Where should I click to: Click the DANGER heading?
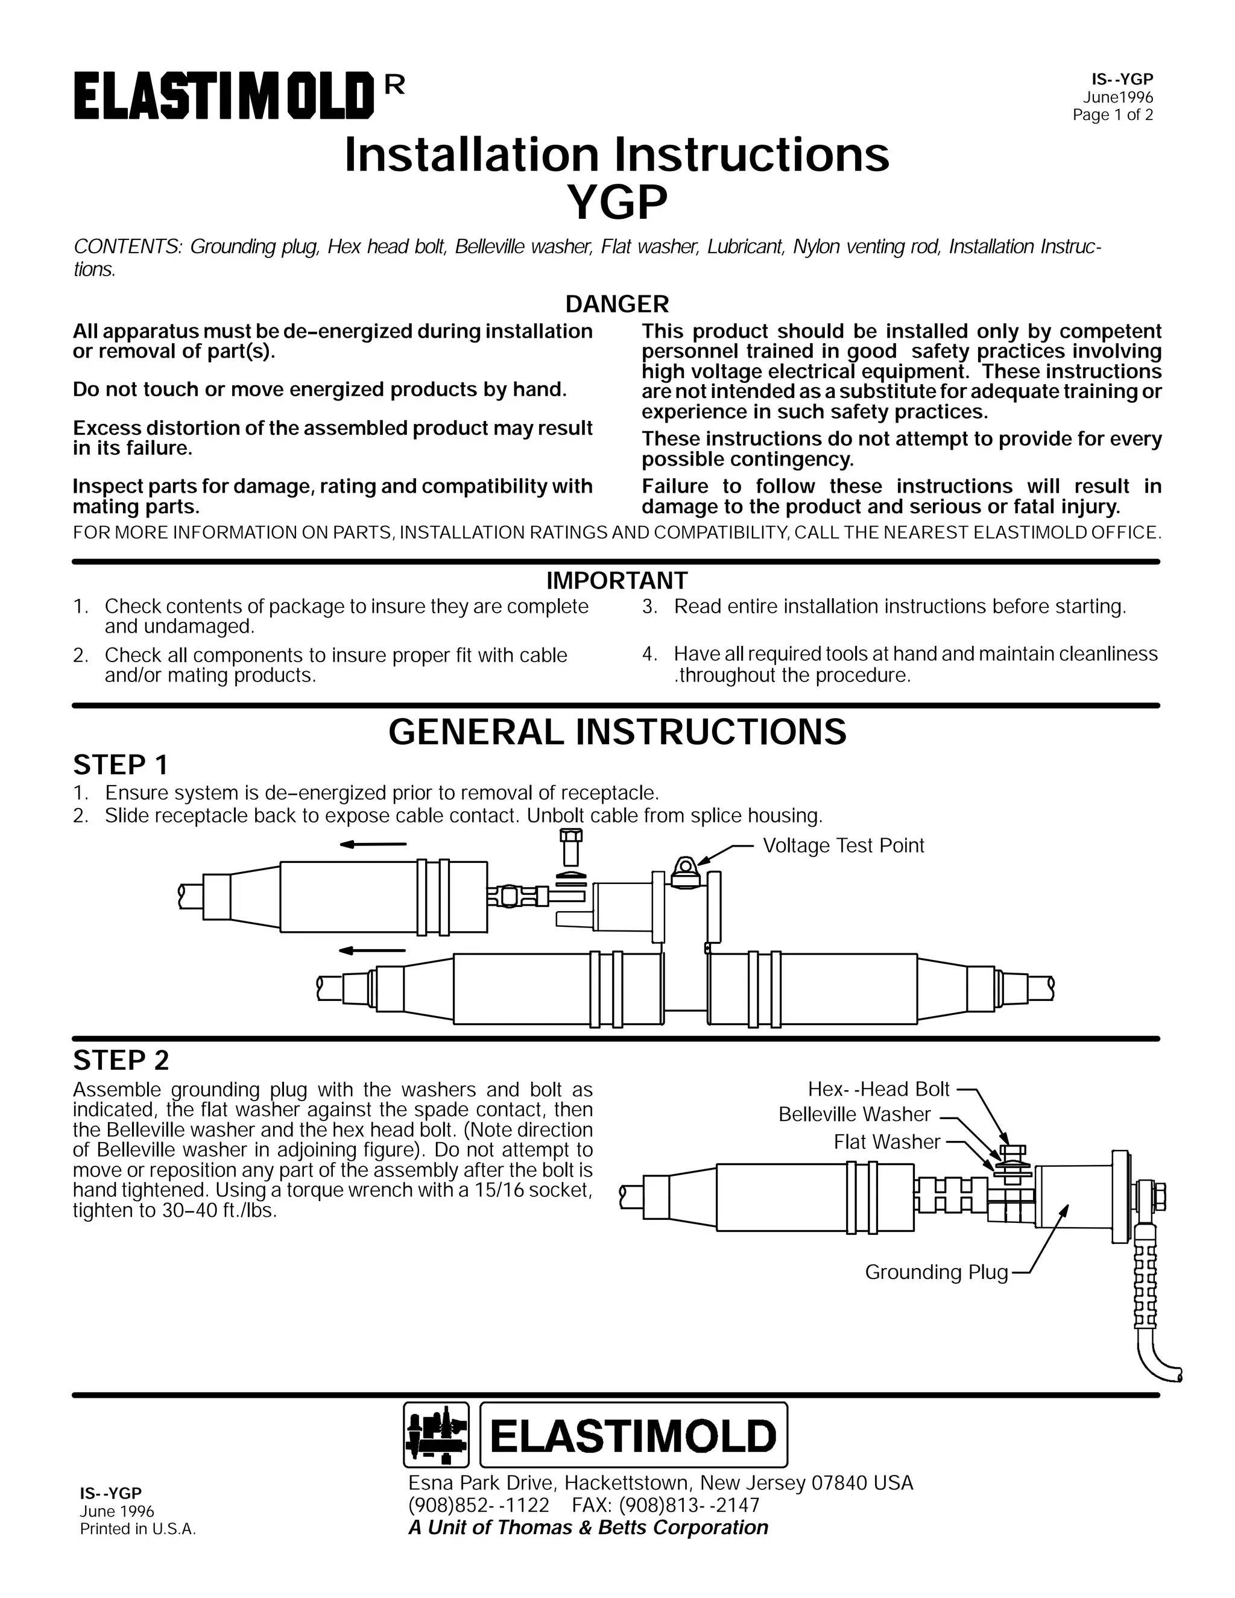[617, 304]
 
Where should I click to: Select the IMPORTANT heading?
[617, 580]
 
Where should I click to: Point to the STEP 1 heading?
[121, 765]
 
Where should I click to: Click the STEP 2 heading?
[121, 1060]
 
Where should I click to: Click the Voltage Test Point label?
[843, 846]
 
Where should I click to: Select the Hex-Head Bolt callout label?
[878, 1090]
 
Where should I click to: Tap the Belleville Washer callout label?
[854, 1114]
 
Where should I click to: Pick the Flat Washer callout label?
[886, 1142]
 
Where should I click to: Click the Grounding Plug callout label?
[936, 1272]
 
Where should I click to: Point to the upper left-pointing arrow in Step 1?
[373, 844]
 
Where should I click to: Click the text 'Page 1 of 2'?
[1112, 115]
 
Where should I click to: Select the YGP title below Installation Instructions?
[617, 203]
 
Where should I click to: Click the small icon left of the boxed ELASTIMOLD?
[436, 1436]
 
